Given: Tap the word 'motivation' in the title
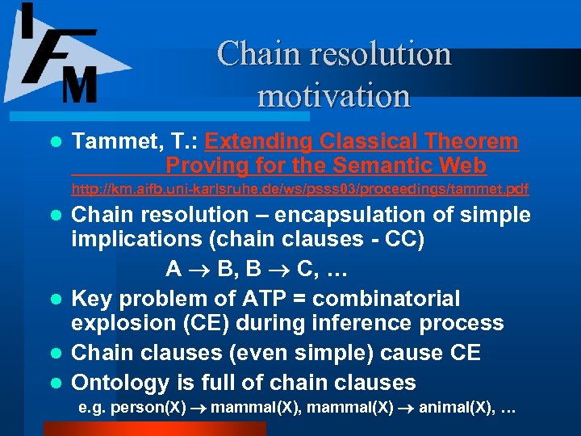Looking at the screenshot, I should tap(333, 95).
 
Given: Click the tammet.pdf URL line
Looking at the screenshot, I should tap(299, 190).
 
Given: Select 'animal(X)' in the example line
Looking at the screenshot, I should tap(457, 409).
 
